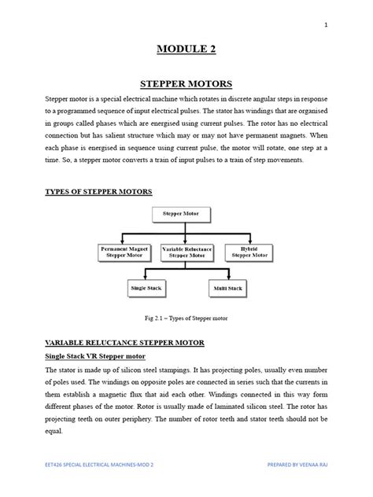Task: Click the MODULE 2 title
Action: point(186,49)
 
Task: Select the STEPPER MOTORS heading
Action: point(186,82)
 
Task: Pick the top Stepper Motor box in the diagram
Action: point(180,213)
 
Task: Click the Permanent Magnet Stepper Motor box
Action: point(124,252)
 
